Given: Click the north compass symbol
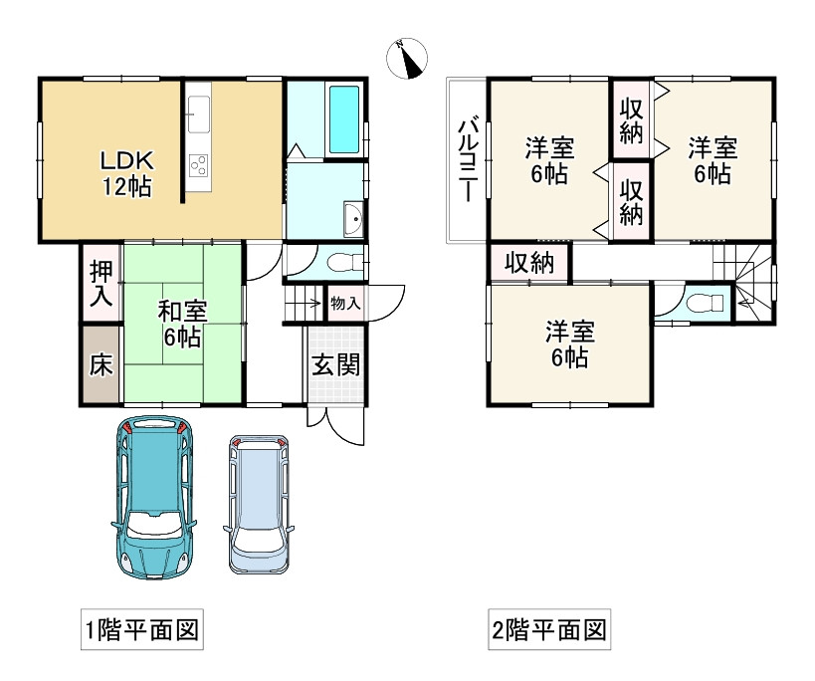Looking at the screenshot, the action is point(407,58).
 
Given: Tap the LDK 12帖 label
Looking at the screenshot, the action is point(126,173).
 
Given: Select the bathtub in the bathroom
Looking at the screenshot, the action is point(344,119).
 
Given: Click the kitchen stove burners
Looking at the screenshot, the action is point(199,166).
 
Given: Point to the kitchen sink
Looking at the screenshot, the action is point(199,114).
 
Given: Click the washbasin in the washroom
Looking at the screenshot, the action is point(353,218).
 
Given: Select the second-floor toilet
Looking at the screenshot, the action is point(705,303).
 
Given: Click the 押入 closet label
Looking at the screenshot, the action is point(101,284).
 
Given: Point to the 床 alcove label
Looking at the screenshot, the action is point(101,365).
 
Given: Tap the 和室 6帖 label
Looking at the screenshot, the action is point(182,325).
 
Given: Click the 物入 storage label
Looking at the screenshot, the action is point(345,303).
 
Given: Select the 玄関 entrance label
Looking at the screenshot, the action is point(335,365).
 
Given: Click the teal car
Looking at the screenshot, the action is point(154,498).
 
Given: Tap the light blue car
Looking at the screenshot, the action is point(259,504).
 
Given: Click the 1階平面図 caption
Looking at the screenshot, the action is point(142,630).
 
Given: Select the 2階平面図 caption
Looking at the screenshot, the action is point(549,630).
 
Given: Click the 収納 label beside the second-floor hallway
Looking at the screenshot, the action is point(529,263).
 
